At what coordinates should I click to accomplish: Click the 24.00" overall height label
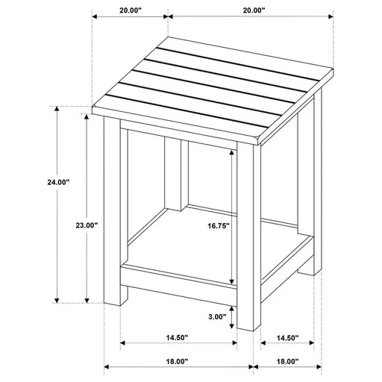tap(37, 182)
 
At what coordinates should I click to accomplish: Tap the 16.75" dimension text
tap(218, 225)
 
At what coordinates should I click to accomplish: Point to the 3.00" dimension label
tap(217, 316)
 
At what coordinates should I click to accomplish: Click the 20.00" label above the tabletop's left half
tap(130, 11)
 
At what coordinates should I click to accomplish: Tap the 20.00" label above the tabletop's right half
tap(253, 11)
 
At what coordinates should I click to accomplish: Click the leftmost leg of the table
tap(114, 216)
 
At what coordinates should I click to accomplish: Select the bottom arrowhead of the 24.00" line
tap(57, 300)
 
